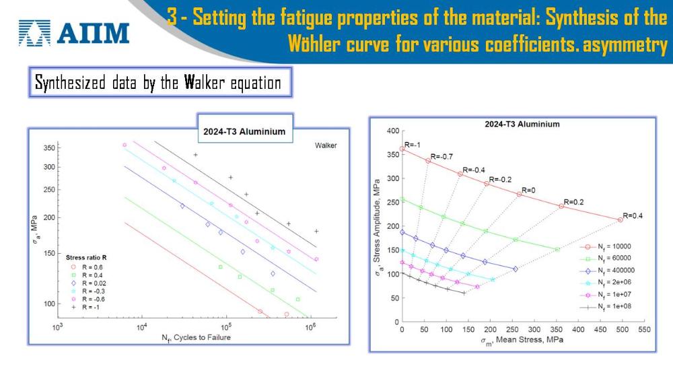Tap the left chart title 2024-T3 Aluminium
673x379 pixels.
(x=244, y=131)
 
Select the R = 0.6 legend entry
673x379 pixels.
(x=87, y=267)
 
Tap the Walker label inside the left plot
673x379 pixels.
(x=326, y=145)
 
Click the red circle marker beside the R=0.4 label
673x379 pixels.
(x=621, y=219)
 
